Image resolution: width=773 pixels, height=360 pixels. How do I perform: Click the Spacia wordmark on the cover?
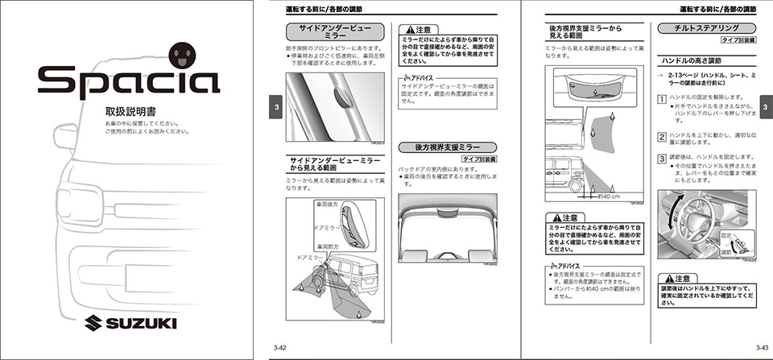(x=128, y=81)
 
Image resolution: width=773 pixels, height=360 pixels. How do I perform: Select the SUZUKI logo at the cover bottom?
(x=129, y=324)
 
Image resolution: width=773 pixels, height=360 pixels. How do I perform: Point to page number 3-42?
(x=280, y=347)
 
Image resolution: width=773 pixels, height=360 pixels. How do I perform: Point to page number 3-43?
(x=761, y=347)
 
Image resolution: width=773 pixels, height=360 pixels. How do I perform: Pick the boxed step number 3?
(x=662, y=158)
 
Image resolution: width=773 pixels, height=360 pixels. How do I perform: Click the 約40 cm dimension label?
(x=608, y=196)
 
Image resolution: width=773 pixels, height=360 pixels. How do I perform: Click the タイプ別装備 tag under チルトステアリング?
(x=737, y=39)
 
